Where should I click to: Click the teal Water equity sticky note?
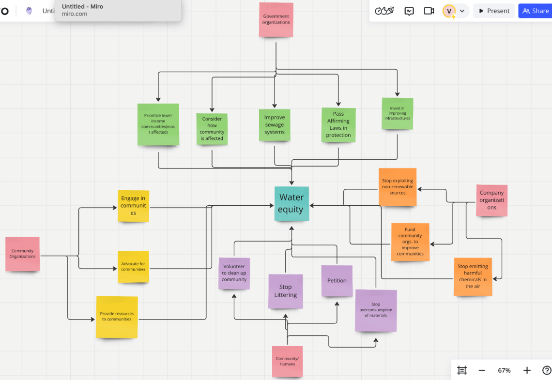click(291, 204)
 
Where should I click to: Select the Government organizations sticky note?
click(276, 20)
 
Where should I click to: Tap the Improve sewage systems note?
click(275, 125)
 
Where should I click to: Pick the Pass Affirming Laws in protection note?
click(338, 125)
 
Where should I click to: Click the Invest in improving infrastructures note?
click(397, 114)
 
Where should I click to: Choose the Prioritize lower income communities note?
click(158, 124)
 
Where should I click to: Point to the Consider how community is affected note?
click(212, 129)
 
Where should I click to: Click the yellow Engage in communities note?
click(133, 206)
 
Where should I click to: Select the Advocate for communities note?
click(133, 267)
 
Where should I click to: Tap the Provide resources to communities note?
click(117, 317)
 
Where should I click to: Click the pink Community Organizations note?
click(22, 254)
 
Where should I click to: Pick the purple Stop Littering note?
click(286, 291)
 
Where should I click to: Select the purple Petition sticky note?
click(337, 281)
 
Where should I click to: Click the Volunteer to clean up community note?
click(234, 274)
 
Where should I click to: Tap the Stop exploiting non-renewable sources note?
click(398, 187)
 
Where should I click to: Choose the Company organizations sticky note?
click(491, 200)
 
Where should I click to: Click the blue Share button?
click(535, 11)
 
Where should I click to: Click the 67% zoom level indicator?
click(504, 370)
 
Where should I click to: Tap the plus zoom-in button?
click(527, 370)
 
